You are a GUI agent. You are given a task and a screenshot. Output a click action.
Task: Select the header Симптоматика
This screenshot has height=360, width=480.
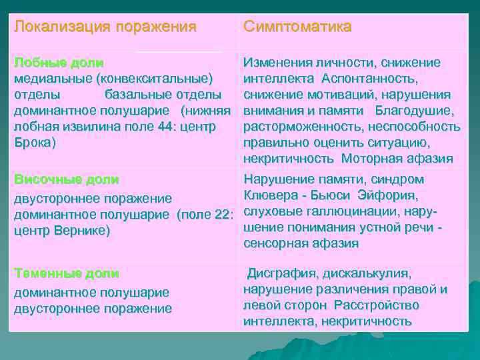click(x=297, y=27)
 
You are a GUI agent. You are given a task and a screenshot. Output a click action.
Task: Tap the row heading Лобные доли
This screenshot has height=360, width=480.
click(x=59, y=63)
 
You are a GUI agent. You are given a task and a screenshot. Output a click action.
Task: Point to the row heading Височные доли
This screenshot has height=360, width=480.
click(x=66, y=179)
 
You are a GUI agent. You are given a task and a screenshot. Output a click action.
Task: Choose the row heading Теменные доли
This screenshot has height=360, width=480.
click(x=67, y=273)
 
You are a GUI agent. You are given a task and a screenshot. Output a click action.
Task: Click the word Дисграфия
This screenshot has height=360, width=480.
click(x=283, y=273)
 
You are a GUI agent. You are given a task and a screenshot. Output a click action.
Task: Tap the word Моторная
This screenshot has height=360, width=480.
click(x=369, y=159)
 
